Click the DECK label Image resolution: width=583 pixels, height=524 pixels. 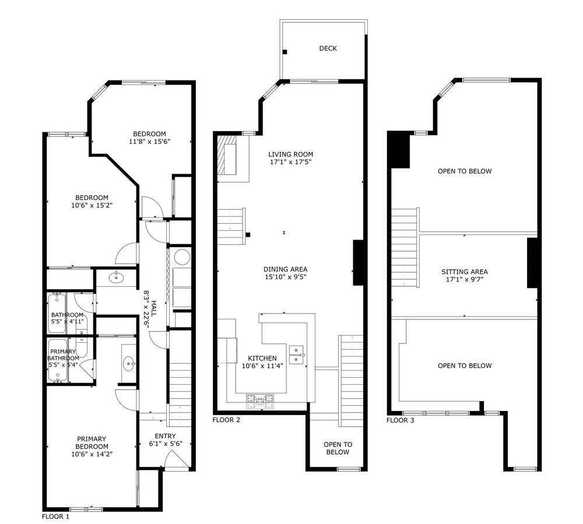point(328,48)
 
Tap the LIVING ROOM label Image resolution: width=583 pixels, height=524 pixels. point(291,154)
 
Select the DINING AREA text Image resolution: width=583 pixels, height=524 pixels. point(286,269)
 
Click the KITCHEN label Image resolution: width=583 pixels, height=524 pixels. point(262,358)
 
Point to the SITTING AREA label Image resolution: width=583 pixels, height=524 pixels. point(465,272)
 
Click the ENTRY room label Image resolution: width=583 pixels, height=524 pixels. point(166,436)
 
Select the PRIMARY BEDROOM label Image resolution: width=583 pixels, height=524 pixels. point(92,442)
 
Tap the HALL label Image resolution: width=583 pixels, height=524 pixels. point(153,308)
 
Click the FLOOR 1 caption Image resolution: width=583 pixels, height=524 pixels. point(55,516)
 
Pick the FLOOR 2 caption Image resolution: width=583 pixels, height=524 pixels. point(226,420)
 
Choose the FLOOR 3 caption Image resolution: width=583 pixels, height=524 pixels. point(400,420)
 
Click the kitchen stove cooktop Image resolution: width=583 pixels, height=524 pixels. point(260,402)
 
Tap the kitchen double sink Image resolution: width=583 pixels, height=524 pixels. point(296,354)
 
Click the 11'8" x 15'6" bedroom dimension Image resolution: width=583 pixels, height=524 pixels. point(150,142)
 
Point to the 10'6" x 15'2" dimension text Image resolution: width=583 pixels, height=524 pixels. point(92,205)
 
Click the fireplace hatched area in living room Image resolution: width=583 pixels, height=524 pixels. point(227,154)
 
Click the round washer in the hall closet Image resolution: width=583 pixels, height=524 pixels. point(182,257)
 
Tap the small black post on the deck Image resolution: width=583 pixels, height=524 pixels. point(285,52)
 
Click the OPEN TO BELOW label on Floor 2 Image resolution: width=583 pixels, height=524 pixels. point(338,448)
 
